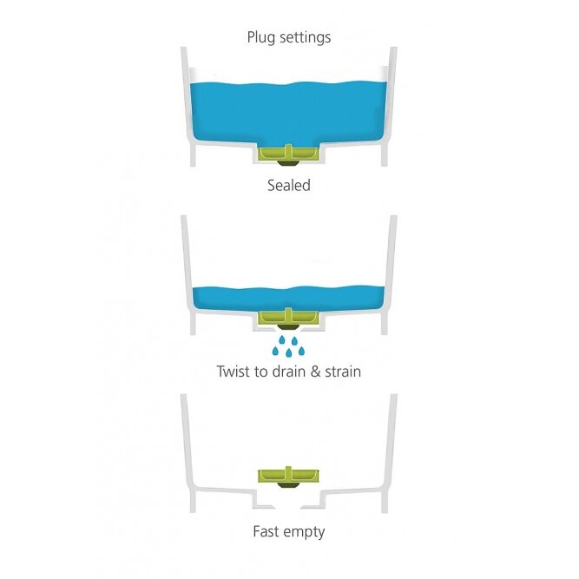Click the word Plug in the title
(x=260, y=37)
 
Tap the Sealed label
(x=289, y=185)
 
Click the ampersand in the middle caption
(x=315, y=372)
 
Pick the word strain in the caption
(x=343, y=372)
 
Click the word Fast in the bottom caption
(x=266, y=531)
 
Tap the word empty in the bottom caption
(x=305, y=532)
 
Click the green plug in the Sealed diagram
(x=288, y=154)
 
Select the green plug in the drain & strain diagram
(x=288, y=317)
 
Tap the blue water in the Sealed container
(x=288, y=111)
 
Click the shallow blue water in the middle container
(x=288, y=299)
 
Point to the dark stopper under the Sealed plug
(x=288, y=163)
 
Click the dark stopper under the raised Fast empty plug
(x=288, y=485)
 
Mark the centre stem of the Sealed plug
(x=288, y=151)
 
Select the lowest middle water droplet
(x=289, y=352)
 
